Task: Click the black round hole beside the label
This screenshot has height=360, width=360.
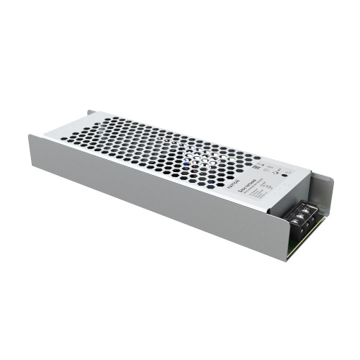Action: [x=285, y=174]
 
